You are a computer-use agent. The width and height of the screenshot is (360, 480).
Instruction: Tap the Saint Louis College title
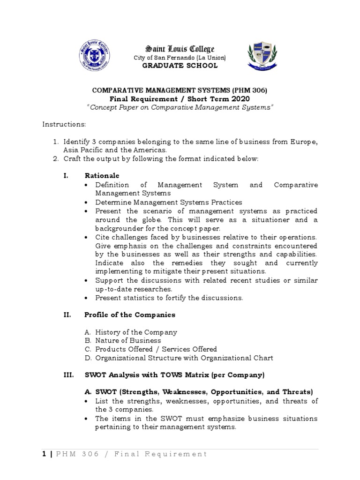point(180,49)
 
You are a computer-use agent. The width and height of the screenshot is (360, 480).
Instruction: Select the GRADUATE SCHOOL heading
point(180,66)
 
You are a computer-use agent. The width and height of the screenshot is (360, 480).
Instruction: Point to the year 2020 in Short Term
point(238,99)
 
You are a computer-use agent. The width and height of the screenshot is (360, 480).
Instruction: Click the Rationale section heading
point(102,175)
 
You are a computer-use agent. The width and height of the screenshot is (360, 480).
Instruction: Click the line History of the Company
point(136,332)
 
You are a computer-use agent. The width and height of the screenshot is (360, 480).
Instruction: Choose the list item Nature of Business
point(128,340)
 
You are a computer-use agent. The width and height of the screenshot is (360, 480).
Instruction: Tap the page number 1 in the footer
point(45,454)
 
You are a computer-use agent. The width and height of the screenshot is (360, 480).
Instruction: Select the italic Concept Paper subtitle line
point(180,107)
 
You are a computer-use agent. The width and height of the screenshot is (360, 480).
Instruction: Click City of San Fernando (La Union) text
point(180,57)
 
